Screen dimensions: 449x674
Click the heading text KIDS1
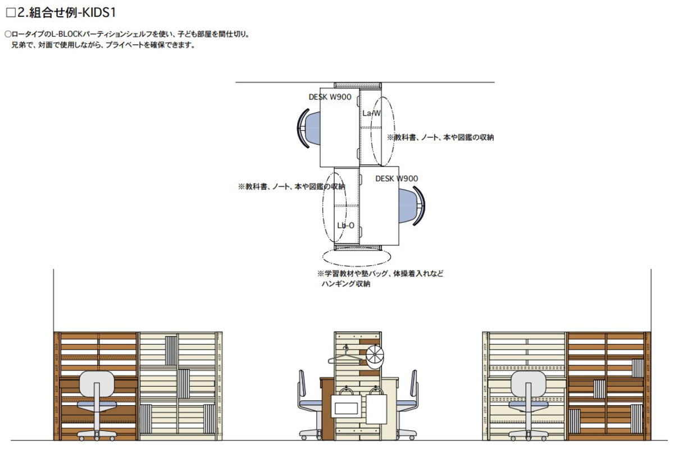point(99,12)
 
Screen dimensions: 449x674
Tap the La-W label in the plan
point(371,113)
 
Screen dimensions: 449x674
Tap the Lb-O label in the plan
point(345,226)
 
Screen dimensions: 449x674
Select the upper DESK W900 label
point(330,97)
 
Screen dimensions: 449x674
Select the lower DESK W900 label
point(397,179)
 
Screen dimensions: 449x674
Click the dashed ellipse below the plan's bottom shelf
point(357,257)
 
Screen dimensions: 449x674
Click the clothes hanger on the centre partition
point(345,356)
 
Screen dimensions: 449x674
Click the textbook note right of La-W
point(440,138)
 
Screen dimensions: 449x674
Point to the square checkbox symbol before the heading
point(10,12)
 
